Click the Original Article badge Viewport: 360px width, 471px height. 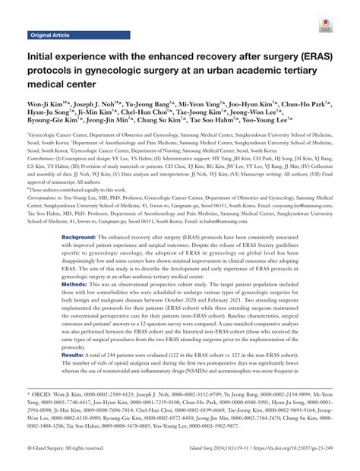(x=49, y=35)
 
